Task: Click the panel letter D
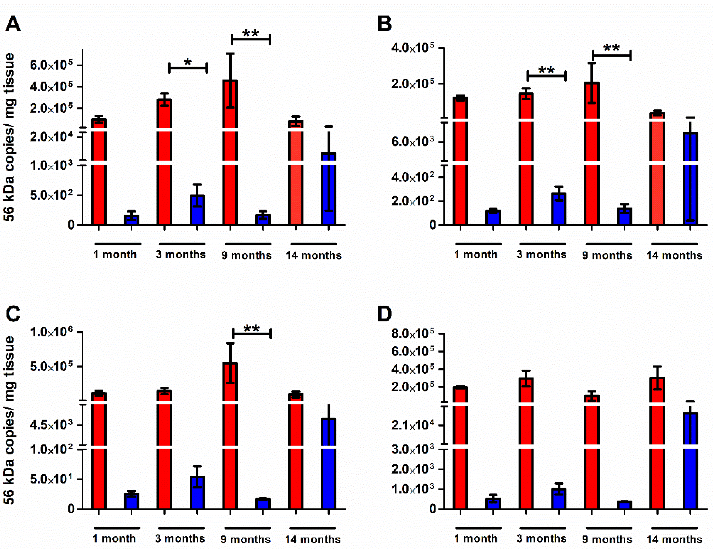tap(384, 314)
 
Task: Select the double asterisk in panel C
tap(252, 329)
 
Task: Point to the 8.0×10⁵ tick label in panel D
tap(413, 333)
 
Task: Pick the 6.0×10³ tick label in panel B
tap(413, 142)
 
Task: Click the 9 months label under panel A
tap(247, 255)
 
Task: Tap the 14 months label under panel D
tap(675, 539)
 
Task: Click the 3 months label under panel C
tap(180, 539)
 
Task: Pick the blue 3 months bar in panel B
tap(559, 209)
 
